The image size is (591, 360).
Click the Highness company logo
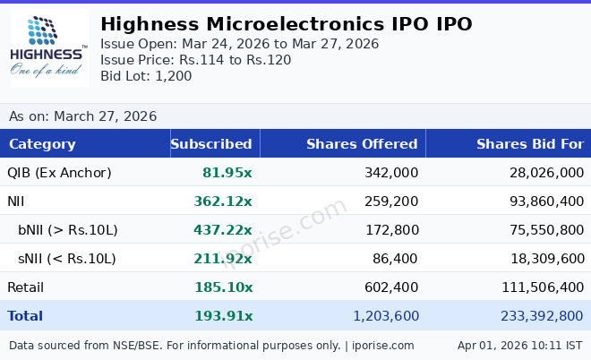click(x=49, y=47)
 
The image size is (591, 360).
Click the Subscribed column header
click(x=211, y=144)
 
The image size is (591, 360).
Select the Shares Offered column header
click(x=362, y=144)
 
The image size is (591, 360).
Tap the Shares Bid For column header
click(x=529, y=144)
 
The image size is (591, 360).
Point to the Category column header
click(x=42, y=144)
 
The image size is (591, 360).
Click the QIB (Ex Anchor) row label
click(x=59, y=173)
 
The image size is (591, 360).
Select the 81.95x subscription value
click(x=227, y=173)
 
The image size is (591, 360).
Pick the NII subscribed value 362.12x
click(x=223, y=201)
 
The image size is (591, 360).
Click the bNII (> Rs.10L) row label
click(x=68, y=230)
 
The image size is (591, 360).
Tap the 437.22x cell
click(x=223, y=230)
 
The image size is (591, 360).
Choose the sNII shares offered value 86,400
click(x=396, y=259)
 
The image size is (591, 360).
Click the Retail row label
click(x=25, y=287)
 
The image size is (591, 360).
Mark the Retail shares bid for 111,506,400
click(x=533, y=287)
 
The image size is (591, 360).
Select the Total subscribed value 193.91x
click(x=223, y=316)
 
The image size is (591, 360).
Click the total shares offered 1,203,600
click(x=386, y=316)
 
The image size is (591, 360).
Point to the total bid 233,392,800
click(x=533, y=316)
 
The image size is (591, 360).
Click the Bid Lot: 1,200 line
click(x=146, y=76)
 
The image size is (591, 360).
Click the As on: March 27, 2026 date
click(x=82, y=116)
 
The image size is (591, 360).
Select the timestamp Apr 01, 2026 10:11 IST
click(x=519, y=345)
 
